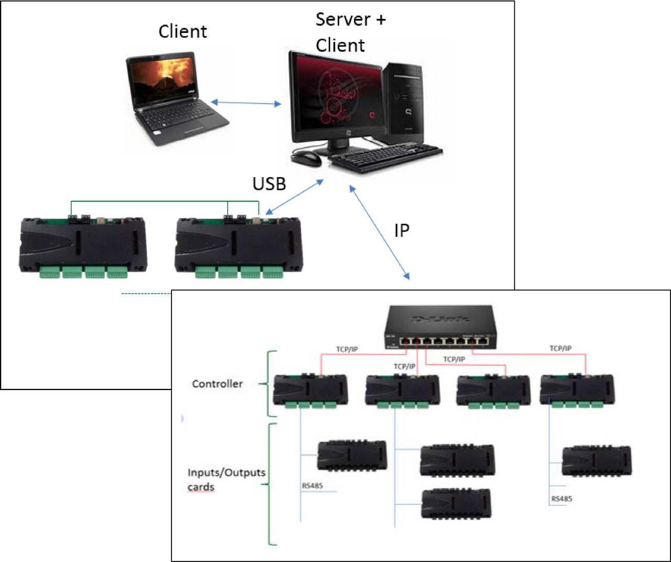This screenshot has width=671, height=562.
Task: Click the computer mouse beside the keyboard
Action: point(306,158)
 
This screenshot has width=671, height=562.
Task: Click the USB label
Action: point(269,184)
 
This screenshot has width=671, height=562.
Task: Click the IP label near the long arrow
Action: point(402,230)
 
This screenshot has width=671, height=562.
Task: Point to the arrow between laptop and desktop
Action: point(246,103)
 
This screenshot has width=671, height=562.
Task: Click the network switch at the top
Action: point(440,328)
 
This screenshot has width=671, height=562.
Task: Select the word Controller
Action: point(218,384)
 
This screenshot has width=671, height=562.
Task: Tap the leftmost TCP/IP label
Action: point(347,349)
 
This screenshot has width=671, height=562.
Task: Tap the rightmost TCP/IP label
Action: point(560,348)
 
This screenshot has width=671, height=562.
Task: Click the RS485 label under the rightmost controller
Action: point(561,499)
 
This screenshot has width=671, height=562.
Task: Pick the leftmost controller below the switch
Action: point(310,391)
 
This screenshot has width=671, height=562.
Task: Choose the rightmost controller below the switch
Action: point(577,391)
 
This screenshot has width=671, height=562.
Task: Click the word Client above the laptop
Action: point(182,31)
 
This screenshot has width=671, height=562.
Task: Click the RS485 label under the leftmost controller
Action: point(312,486)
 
